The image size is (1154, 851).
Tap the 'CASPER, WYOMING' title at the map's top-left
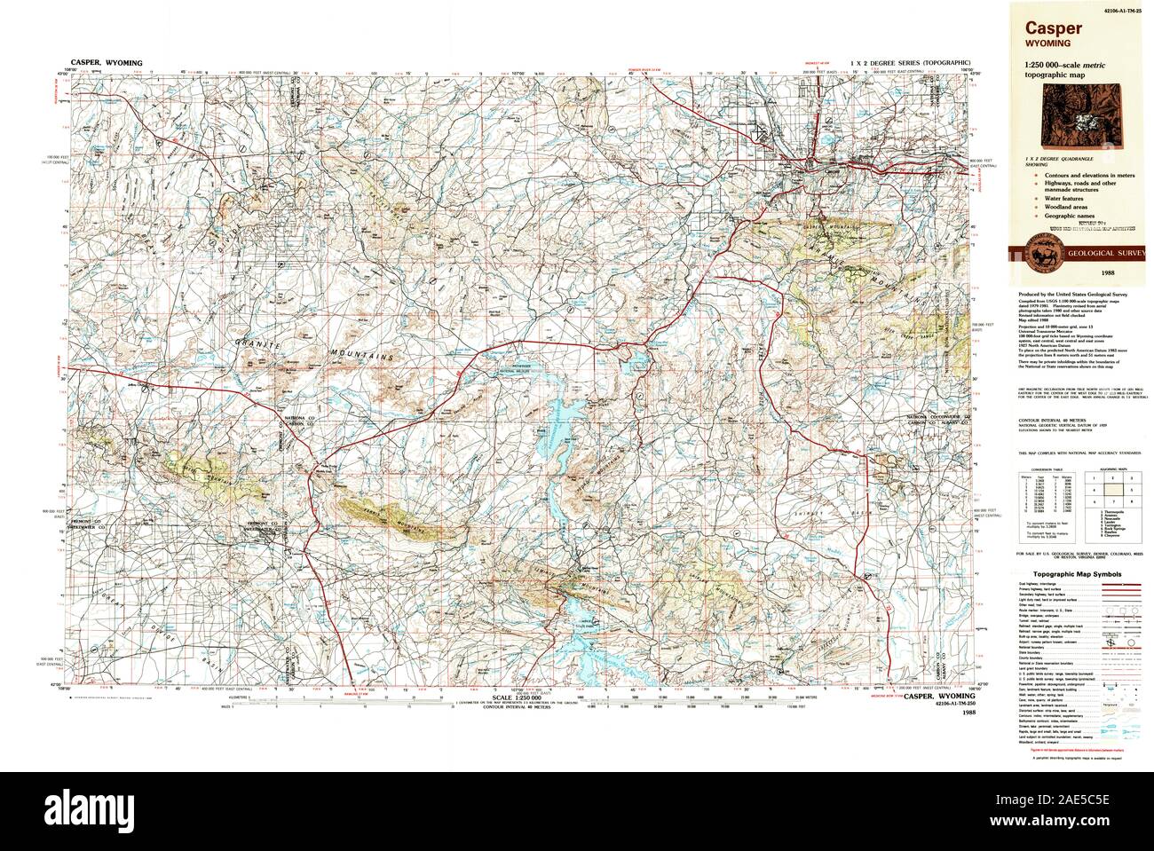click(x=106, y=64)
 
